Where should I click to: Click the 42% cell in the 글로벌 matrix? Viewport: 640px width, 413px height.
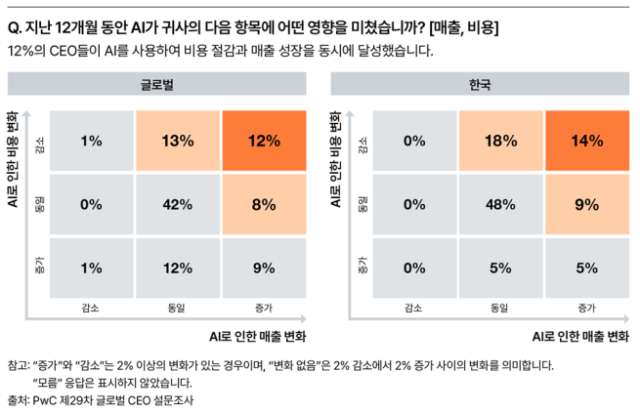point(178,205)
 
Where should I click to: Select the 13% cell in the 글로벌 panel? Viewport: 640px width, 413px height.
point(178,141)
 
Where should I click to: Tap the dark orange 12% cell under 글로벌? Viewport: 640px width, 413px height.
point(264,141)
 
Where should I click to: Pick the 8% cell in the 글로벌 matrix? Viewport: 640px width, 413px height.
point(264,205)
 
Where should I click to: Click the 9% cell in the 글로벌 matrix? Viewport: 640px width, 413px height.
point(264,268)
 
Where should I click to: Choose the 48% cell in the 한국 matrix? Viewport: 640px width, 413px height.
point(499,205)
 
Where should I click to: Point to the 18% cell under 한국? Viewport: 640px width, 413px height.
point(499,141)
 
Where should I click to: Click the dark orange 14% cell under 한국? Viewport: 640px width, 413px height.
point(586,141)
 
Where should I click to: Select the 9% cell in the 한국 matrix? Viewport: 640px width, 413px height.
point(586,205)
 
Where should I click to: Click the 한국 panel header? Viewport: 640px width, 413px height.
point(480,86)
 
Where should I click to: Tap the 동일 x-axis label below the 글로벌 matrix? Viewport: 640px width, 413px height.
point(178,308)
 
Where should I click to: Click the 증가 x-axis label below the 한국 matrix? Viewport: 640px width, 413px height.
point(586,308)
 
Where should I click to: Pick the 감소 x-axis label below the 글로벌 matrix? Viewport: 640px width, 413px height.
point(92,308)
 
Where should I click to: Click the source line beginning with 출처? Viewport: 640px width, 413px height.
point(98,399)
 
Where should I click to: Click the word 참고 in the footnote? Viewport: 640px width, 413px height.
point(18,366)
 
